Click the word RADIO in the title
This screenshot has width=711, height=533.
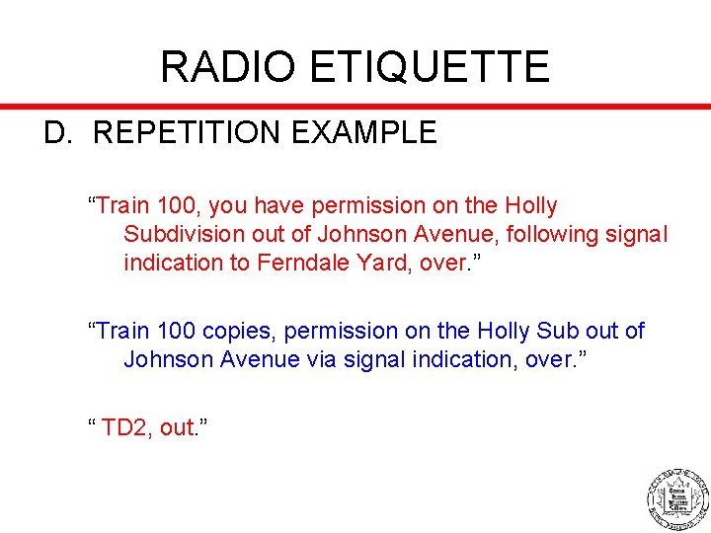pyautogui.click(x=227, y=67)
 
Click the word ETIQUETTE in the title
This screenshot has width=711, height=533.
pyautogui.click(x=429, y=67)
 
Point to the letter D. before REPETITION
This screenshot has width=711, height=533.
pyautogui.click(x=58, y=132)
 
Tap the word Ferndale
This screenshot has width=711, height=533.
pyautogui.click(x=303, y=263)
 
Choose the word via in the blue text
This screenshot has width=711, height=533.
pyautogui.click(x=325, y=359)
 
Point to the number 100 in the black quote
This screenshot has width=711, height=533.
pyautogui.click(x=176, y=206)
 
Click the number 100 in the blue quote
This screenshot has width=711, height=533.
pyautogui.click(x=176, y=331)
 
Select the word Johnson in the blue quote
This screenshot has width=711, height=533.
pyautogui.click(x=168, y=359)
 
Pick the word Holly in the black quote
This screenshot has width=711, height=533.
pyautogui.click(x=531, y=206)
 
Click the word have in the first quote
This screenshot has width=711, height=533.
pyautogui.click(x=281, y=206)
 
